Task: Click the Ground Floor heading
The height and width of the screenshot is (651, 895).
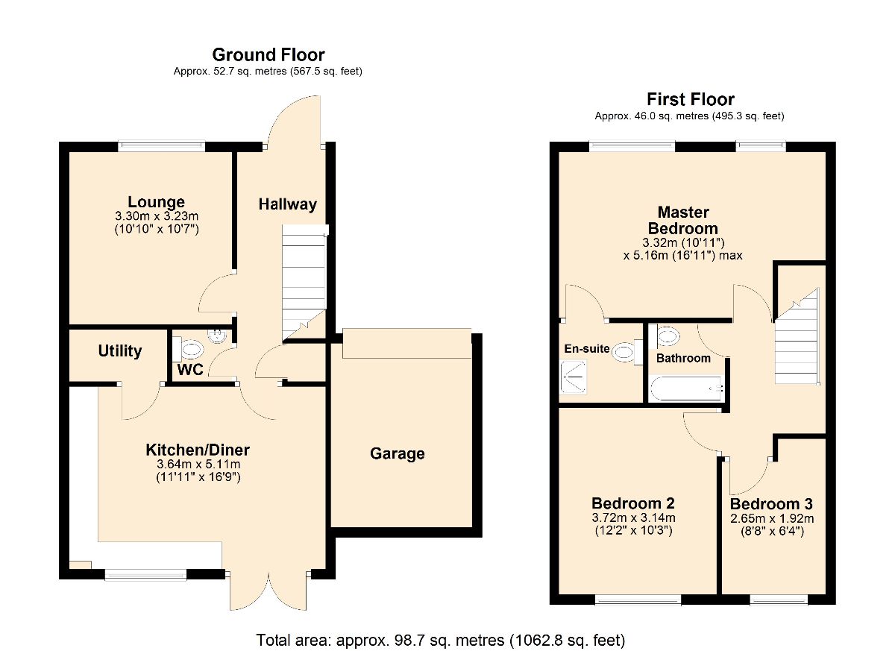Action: pos(268,54)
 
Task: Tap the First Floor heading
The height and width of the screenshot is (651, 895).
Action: pos(690,99)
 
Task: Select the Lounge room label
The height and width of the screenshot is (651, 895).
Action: pos(156,201)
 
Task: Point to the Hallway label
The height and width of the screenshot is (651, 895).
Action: pos(287,204)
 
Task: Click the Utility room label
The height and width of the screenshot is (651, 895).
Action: pos(120,350)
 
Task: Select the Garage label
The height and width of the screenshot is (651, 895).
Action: pos(397,453)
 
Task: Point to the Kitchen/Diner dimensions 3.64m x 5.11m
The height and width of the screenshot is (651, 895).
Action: pos(198,464)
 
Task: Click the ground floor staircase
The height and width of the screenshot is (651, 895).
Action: pos(304,283)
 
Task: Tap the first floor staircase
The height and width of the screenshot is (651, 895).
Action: pos(797,336)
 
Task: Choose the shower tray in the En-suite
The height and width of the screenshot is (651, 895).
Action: pos(573,377)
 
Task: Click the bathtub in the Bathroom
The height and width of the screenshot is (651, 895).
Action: pos(685,389)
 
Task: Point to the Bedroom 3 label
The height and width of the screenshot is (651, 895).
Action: pos(771,504)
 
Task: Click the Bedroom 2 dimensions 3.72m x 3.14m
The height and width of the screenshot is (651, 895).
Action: pos(633,518)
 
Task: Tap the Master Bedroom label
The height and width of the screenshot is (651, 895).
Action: pos(683,220)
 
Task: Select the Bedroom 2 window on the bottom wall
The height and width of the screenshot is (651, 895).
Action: pos(638,599)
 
